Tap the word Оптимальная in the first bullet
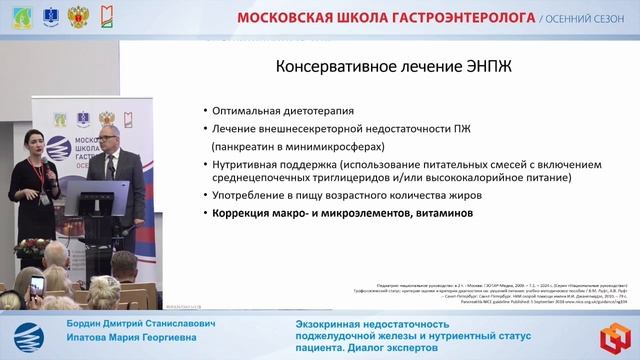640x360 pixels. [250, 110]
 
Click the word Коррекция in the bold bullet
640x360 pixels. [243, 213]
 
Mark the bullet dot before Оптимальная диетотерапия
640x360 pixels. [204, 111]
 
